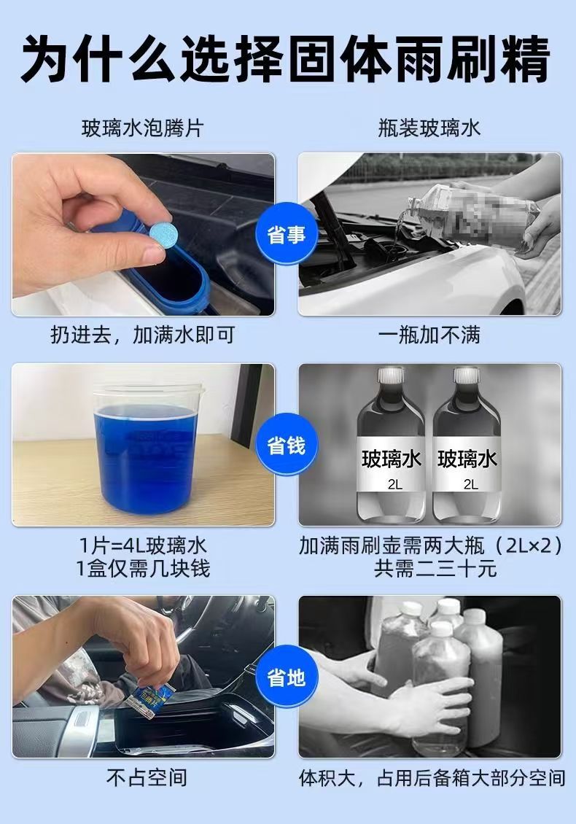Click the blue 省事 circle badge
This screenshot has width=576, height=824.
(287, 234)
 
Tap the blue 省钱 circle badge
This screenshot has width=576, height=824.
(287, 446)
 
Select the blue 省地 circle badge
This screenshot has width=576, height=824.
(287, 677)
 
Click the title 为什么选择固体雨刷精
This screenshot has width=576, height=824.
(287, 59)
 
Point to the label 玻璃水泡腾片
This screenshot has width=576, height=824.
(142, 128)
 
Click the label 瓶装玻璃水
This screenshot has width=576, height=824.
(429, 128)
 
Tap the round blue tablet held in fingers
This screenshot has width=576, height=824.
(161, 233)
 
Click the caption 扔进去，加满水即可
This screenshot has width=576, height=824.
(142, 335)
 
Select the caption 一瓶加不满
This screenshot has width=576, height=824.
(429, 335)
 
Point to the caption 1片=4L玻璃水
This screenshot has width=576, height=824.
(143, 545)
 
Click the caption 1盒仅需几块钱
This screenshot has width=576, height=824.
(143, 569)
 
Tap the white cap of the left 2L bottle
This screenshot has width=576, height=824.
(391, 376)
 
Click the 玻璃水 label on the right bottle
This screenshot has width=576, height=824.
(467, 459)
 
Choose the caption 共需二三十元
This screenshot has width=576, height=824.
(435, 569)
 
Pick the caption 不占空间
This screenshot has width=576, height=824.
(147, 777)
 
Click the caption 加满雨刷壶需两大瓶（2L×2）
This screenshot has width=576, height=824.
(432, 545)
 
